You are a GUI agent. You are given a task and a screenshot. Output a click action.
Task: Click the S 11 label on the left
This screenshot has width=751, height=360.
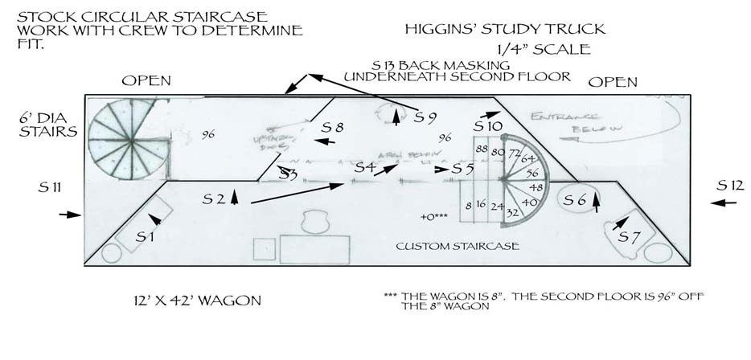click(50, 188)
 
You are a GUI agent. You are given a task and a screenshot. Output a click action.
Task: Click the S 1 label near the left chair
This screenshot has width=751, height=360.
click(146, 237)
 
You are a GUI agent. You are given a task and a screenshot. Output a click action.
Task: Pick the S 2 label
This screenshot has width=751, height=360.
click(214, 198)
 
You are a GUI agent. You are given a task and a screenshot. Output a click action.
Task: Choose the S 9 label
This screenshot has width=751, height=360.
click(425, 117)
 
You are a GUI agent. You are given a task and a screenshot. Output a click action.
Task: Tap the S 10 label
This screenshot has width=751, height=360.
click(487, 127)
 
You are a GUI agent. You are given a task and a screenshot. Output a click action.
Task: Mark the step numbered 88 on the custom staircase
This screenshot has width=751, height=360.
click(482, 150)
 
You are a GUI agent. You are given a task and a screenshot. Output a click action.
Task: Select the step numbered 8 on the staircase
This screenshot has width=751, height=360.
click(467, 206)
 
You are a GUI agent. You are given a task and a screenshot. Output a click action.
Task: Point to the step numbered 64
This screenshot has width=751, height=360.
click(527, 158)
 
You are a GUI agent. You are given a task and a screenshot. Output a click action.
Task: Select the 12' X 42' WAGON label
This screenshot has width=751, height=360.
click(198, 301)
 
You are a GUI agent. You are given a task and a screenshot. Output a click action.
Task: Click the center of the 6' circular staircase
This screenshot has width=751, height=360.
click(125, 137)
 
